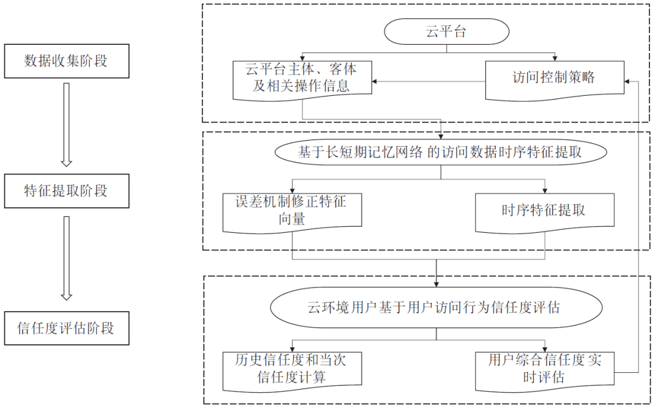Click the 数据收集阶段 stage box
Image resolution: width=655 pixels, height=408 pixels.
[x=66, y=61]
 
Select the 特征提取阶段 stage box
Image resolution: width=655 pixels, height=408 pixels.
[x=66, y=190]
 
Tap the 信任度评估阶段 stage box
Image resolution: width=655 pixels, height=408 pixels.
[x=66, y=329]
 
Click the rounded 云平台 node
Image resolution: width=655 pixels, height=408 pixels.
[x=446, y=32]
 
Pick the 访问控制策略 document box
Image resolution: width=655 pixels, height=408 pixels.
[x=554, y=78]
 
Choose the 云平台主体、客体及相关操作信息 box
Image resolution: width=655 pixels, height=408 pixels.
[x=301, y=78]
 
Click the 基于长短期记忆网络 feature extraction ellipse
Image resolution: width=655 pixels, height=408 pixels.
[x=440, y=152]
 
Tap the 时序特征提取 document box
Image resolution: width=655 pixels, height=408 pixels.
[x=544, y=211]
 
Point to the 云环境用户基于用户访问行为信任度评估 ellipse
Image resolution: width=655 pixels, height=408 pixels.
[x=436, y=308]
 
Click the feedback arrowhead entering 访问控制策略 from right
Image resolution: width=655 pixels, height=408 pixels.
[x=629, y=81]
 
